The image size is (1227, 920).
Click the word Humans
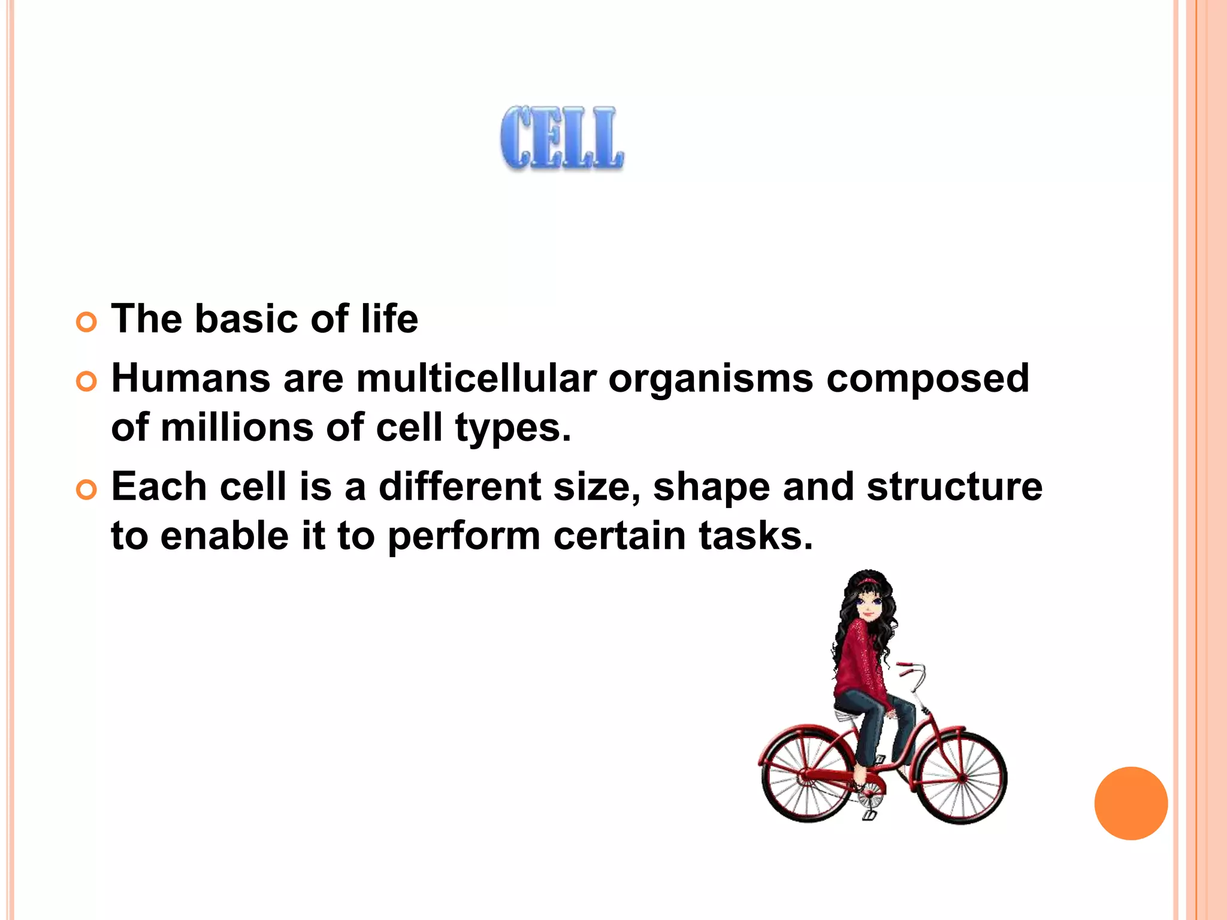191,379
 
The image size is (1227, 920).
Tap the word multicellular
476,379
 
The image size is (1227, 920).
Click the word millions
237,428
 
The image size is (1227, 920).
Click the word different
460,486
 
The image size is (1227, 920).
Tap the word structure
954,486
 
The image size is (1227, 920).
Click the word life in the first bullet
389,319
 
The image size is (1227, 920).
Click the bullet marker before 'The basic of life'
87,323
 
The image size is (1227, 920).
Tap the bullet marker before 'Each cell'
87,491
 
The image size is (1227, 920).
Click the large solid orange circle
1131,803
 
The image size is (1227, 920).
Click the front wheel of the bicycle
962,777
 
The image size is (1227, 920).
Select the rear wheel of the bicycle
806,777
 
